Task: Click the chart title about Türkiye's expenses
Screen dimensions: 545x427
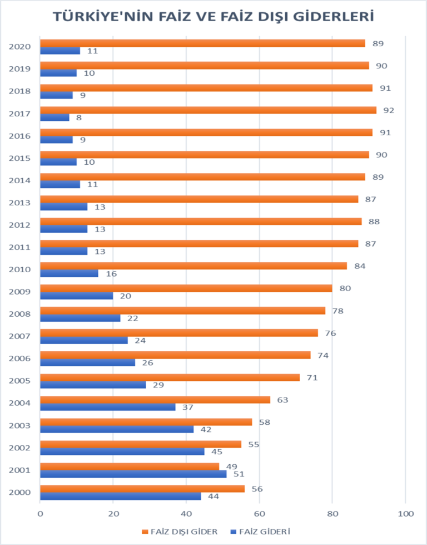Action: (x=213, y=17)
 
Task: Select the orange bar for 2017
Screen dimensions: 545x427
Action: (x=208, y=110)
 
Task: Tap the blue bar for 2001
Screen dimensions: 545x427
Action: (x=133, y=474)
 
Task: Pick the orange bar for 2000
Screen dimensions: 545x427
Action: (x=142, y=489)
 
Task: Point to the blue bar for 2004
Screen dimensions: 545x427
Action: (x=108, y=407)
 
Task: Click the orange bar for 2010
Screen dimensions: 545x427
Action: (x=193, y=266)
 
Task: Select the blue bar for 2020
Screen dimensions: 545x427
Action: (x=60, y=51)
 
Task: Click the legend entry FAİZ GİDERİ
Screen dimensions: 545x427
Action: (x=260, y=531)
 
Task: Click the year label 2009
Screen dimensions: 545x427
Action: (x=19, y=292)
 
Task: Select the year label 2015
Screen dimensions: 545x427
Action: (x=19, y=158)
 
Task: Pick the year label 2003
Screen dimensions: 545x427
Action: (x=19, y=425)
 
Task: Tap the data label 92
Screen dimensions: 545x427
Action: (x=389, y=110)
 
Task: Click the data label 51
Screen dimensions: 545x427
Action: (x=239, y=474)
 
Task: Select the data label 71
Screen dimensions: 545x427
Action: (x=312, y=377)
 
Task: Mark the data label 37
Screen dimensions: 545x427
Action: (x=187, y=407)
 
